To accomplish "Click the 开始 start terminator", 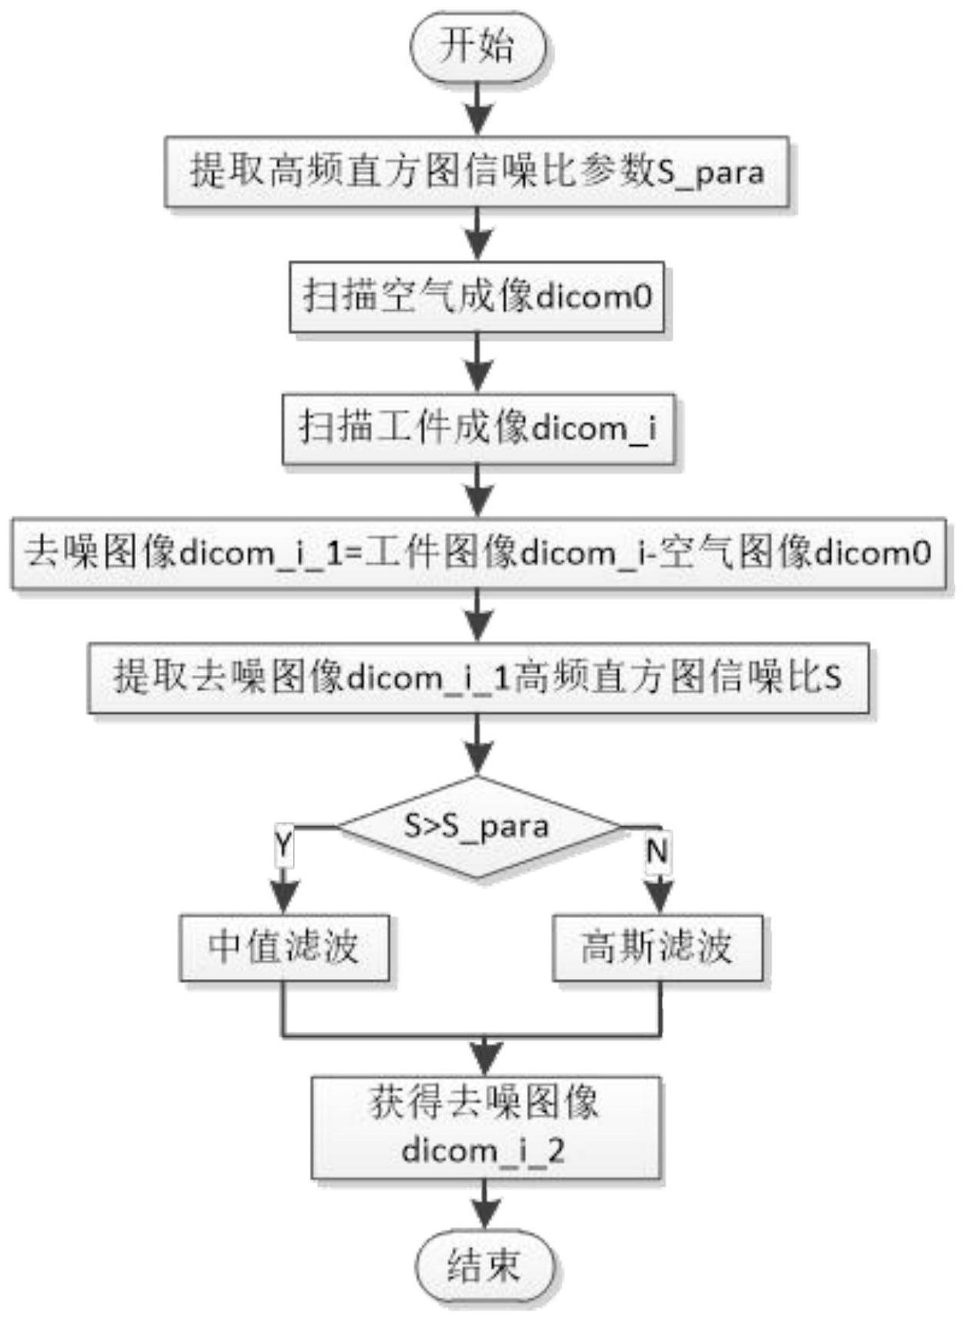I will coord(477,47).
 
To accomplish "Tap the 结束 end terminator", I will coord(485,1266).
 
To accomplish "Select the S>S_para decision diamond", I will coord(477,827).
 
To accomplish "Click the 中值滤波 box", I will coord(284,947).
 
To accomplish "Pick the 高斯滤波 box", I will coord(657,947).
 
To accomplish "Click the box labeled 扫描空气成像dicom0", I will coord(477,297).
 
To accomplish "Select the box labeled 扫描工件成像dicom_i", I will coord(477,429).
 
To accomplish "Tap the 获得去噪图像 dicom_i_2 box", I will coord(486,1127).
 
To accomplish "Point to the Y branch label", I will coord(284,845).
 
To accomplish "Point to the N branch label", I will coord(657,852).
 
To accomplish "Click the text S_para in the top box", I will coord(710,172).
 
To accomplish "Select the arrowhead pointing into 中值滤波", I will coord(285,898).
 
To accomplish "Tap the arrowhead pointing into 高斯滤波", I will coord(658,898).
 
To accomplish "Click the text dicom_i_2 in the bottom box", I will coord(484,1151).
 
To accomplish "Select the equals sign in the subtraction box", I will coord(353,554).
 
